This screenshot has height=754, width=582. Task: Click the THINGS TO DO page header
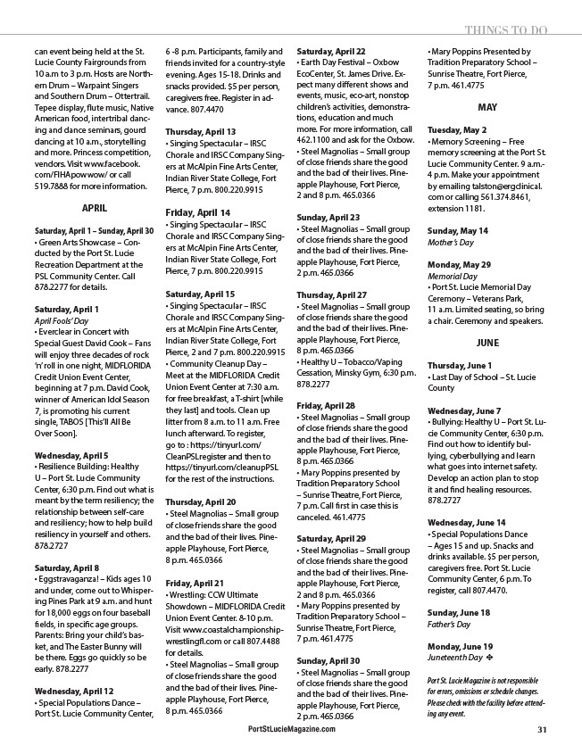tap(505, 29)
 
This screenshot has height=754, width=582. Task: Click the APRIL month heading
tap(94, 207)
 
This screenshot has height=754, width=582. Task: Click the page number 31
tap(542, 729)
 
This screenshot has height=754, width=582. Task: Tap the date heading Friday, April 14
tap(198, 212)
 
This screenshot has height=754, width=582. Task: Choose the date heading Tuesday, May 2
tap(457, 129)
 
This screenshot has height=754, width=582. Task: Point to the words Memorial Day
tap(449, 277)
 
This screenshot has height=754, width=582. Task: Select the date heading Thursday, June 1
tap(460, 366)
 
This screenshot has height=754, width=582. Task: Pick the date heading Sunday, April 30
tap(328, 660)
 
